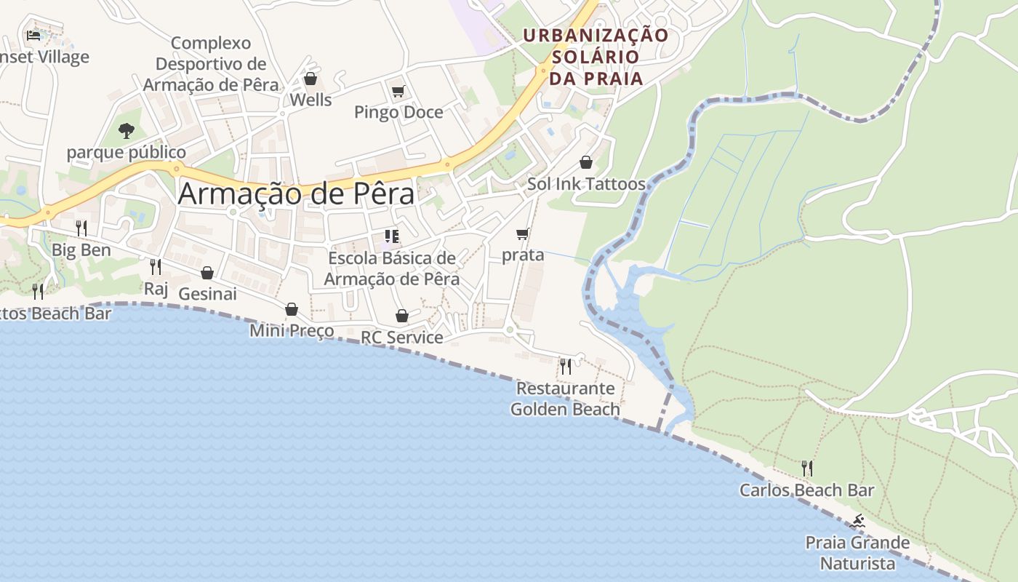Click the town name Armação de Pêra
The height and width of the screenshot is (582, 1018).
pyautogui.click(x=296, y=194)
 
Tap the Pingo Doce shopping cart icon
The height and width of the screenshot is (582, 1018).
pyautogui.click(x=398, y=91)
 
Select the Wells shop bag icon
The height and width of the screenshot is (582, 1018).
pyautogui.click(x=310, y=79)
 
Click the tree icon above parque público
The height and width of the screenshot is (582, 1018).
pyautogui.click(x=127, y=131)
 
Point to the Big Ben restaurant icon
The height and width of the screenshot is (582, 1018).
pyautogui.click(x=81, y=228)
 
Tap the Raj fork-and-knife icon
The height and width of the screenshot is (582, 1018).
pyautogui.click(x=155, y=267)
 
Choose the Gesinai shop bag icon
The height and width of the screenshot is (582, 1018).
pyautogui.click(x=207, y=273)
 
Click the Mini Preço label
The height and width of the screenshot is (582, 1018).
pyautogui.click(x=292, y=331)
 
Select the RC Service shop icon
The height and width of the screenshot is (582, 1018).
pyautogui.click(x=401, y=316)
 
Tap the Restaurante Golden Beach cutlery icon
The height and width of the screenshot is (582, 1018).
pyautogui.click(x=565, y=366)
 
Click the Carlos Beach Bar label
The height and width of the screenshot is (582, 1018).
pyautogui.click(x=806, y=490)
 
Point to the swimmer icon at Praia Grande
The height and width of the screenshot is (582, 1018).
pyautogui.click(x=858, y=521)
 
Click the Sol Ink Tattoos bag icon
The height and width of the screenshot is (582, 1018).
pyautogui.click(x=586, y=162)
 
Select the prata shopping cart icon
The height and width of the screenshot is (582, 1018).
pyautogui.click(x=522, y=234)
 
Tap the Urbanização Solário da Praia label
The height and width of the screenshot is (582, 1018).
pyautogui.click(x=596, y=57)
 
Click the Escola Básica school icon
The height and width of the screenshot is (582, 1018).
pyautogui.click(x=392, y=236)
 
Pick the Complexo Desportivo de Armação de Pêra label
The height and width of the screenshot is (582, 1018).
pyautogui.click(x=211, y=64)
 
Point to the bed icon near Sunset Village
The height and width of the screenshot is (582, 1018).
pyautogui.click(x=33, y=35)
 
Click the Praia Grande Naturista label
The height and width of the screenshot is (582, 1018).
pyautogui.click(x=857, y=553)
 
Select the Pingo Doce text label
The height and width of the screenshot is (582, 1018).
pyautogui.click(x=398, y=112)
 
